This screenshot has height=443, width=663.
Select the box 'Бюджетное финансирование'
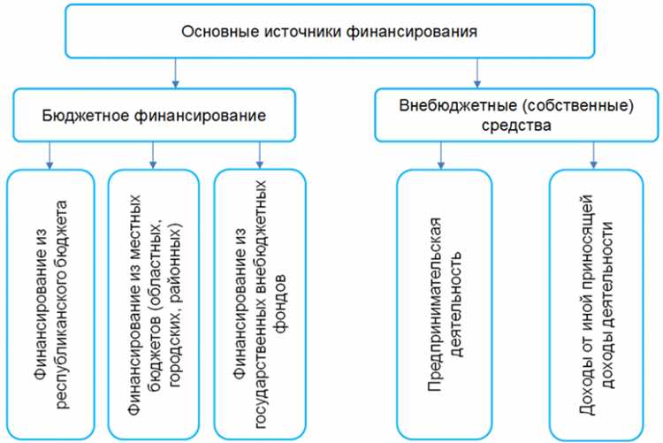tap(154, 116)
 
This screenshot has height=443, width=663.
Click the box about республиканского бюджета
tap(50, 305)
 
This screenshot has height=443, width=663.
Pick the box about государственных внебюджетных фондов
tap(259, 305)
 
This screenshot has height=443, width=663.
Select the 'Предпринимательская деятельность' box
tap(444, 305)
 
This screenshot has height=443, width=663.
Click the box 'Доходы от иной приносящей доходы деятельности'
tap(593, 305)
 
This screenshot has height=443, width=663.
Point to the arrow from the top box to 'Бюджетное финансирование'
tap(177, 73)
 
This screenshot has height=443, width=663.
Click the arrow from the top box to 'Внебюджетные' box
tap(478, 73)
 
